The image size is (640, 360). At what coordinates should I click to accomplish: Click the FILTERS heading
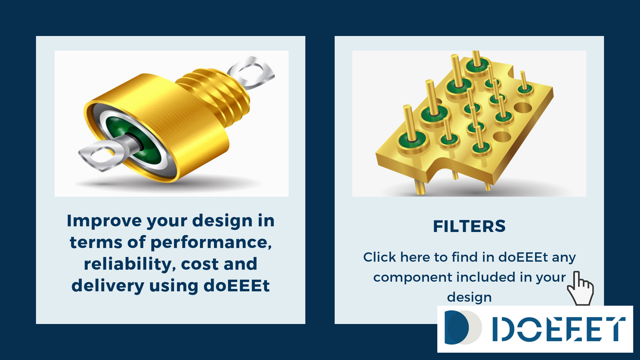[x=469, y=226]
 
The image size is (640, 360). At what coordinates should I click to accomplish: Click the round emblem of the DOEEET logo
[x=463, y=327]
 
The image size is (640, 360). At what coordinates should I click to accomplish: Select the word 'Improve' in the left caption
[x=104, y=221]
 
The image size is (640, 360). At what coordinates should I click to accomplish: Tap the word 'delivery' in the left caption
[x=107, y=286]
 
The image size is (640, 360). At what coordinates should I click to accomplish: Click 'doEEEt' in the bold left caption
[x=236, y=286]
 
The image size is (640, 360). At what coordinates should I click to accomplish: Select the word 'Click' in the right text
[x=380, y=257]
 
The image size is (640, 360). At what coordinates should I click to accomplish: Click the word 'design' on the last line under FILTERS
[x=469, y=297]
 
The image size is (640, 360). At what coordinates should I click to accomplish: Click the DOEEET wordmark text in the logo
[x=559, y=329]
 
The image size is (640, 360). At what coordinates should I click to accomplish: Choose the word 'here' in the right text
[x=415, y=257]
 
